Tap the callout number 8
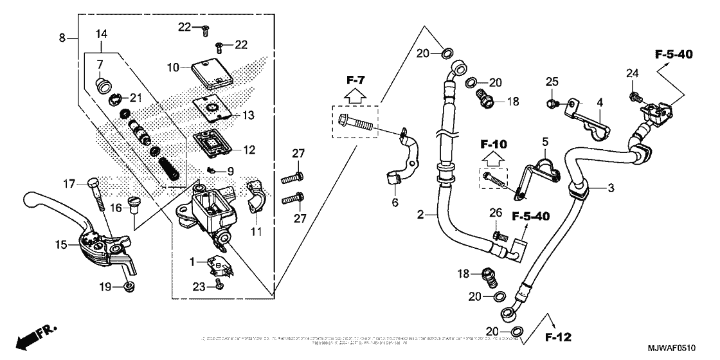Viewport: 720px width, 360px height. (x=62, y=39)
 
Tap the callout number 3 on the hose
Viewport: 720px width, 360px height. (x=611, y=188)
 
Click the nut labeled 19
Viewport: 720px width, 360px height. (x=129, y=285)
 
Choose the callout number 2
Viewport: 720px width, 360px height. (x=420, y=214)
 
